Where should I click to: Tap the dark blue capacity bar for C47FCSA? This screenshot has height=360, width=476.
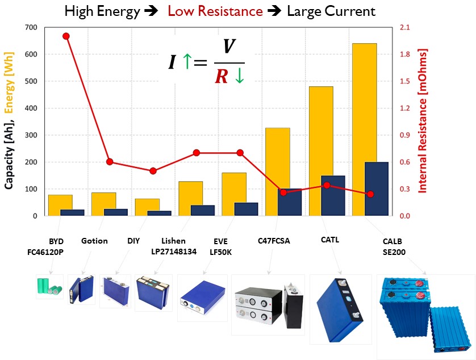290,202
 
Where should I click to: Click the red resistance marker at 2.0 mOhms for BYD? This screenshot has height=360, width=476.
66,36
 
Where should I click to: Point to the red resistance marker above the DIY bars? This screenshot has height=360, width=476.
153,171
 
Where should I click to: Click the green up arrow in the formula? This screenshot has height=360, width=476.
187,61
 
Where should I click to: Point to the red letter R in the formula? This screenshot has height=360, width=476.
222,77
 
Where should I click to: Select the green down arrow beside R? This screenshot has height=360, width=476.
239,77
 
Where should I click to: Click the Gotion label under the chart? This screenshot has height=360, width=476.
94,241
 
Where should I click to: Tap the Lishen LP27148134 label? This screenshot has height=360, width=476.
174,246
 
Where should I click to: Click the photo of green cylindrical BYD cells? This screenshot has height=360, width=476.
49,287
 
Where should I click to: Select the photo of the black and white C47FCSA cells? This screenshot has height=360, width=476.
268,304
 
